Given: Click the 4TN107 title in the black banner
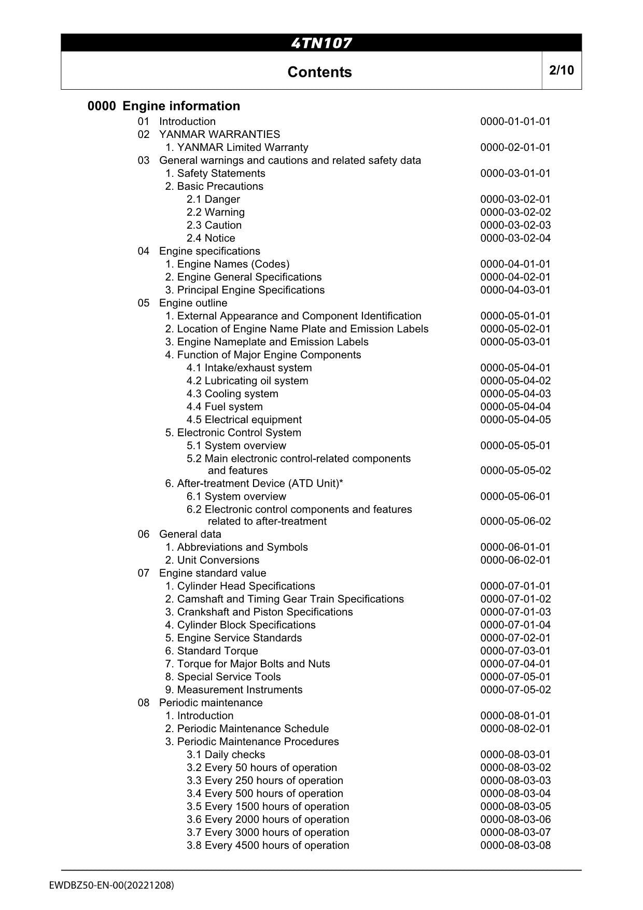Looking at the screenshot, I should (321, 43).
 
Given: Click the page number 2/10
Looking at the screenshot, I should (561, 70).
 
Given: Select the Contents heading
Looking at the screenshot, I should (319, 72).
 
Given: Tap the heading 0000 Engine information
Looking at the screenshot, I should (164, 106).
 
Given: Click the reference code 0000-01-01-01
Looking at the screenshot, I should (515, 122).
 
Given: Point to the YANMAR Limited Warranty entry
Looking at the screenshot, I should (236, 148).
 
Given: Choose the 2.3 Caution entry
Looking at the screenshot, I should (214, 226).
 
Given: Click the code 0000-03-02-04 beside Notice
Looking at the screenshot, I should (515, 239).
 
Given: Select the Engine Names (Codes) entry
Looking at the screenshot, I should (227, 264).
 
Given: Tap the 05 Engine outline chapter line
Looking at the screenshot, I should (183, 303).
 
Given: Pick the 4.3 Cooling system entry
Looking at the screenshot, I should (232, 394).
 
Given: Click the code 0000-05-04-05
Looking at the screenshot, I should (515, 420).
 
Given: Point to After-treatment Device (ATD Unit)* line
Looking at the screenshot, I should (254, 484).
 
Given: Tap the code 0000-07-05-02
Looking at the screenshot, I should (515, 690).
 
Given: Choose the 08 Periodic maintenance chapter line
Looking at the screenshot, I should (200, 703).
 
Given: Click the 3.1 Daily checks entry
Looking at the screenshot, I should (226, 755).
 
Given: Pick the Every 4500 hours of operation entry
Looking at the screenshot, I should (268, 846).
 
